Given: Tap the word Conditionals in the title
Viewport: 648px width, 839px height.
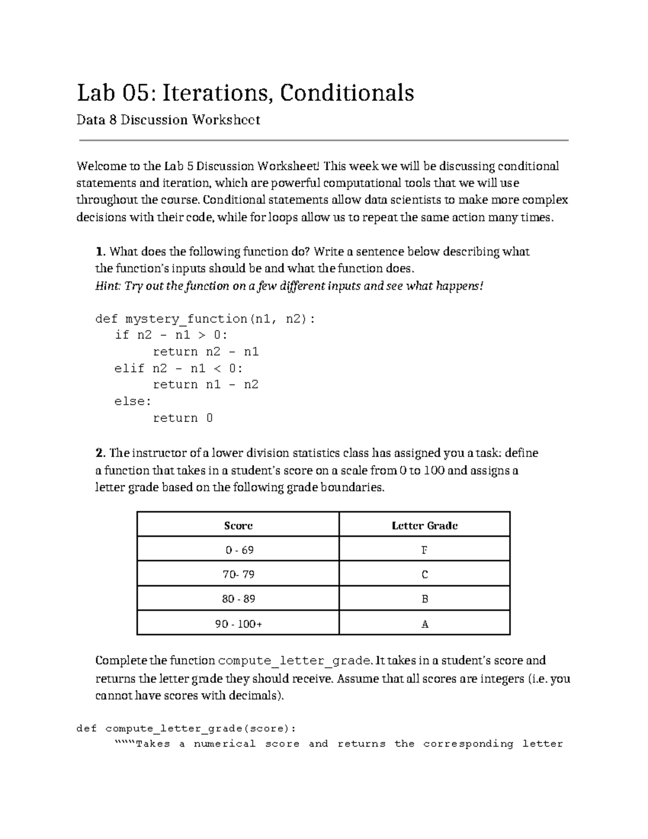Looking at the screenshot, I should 347,93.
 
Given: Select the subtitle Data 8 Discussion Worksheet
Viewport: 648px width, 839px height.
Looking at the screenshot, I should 168,120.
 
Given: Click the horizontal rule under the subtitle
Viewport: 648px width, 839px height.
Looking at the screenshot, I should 324,140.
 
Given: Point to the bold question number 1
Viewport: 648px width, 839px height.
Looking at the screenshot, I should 98,252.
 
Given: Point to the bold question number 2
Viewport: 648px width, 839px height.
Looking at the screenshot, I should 99,453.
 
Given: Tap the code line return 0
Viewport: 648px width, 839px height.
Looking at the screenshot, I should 183,418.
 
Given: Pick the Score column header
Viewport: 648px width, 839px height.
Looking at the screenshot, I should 238,526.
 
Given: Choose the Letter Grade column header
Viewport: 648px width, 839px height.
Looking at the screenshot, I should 424,526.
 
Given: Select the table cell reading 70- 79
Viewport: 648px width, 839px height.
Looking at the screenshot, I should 238,574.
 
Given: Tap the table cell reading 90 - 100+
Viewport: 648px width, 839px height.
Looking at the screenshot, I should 238,624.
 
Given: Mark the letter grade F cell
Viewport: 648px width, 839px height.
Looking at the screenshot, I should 424,550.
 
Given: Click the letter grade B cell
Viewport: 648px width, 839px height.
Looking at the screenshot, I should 424,599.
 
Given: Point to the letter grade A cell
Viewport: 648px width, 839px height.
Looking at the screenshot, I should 424,624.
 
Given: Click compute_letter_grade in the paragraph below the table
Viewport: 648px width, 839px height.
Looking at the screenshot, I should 294,661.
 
